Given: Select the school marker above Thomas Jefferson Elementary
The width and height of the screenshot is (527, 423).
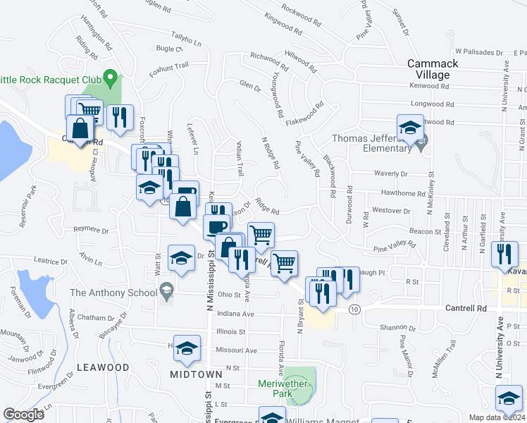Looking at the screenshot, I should tap(409, 128).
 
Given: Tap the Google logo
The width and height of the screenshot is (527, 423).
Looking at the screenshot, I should tap(24, 415).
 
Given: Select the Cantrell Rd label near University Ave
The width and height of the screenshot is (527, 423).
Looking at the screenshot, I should tap(466, 309).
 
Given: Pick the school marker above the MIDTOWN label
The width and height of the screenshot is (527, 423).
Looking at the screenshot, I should tap(187, 348).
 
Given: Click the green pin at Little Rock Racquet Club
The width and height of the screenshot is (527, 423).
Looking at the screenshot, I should tap(109, 75).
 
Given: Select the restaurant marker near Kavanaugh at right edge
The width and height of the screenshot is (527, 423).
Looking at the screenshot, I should tap(504, 255).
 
